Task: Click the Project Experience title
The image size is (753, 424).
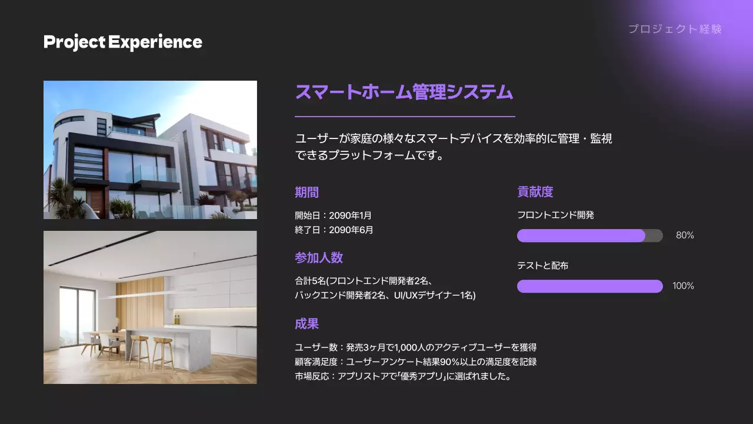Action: pos(122,42)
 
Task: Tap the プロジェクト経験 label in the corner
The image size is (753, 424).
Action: pos(674,29)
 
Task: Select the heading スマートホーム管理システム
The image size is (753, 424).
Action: pos(404,92)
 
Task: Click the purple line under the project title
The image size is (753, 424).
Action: pos(405,117)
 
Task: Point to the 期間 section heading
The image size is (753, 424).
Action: pos(306,192)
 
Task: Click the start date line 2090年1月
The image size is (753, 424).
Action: pos(333,215)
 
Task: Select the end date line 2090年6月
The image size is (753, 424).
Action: pos(334,230)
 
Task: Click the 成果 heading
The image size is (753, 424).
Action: pos(306,324)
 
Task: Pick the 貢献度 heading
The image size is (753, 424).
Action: pos(535,191)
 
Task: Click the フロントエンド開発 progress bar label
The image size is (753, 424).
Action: pos(555,215)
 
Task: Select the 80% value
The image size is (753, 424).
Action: pos(685,236)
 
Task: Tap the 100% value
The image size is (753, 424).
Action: pos(683,286)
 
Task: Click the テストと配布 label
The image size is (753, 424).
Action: pos(542,266)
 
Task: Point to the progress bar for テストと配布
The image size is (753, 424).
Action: pos(589,286)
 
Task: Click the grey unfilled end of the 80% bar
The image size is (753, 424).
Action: pos(654,236)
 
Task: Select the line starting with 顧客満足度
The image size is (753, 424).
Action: pos(415,362)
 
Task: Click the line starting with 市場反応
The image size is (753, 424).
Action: pos(403,376)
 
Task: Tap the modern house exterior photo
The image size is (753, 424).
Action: pos(150,150)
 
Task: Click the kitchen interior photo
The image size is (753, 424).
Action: pos(150,307)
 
